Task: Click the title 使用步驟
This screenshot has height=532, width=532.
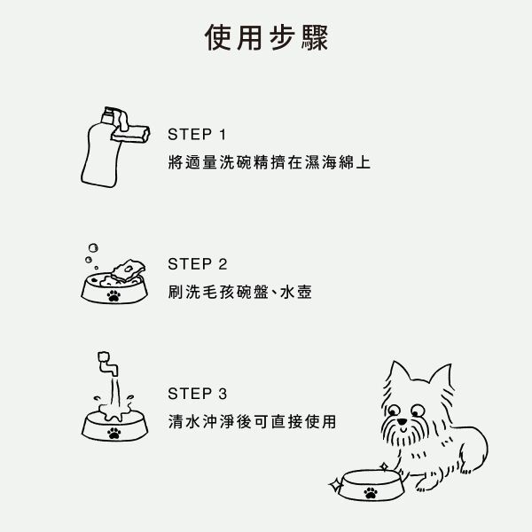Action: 266,37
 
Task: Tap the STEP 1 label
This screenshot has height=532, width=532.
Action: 197,135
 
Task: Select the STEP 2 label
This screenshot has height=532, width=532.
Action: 198,264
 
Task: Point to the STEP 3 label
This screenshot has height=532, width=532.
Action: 198,394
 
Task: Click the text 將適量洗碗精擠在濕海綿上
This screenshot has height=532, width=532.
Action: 269,162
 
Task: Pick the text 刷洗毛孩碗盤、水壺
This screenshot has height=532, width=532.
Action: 240,292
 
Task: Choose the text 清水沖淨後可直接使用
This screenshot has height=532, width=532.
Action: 252,422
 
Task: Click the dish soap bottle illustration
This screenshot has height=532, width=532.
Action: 101,149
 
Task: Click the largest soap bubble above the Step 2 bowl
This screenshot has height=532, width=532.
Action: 93,248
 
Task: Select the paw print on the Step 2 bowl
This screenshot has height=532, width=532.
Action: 113,295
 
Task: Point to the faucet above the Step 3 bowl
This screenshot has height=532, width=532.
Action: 107,364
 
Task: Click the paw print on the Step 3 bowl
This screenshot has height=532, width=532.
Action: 114,434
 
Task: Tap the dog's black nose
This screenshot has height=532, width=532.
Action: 402,422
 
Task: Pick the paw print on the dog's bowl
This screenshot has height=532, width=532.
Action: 371,493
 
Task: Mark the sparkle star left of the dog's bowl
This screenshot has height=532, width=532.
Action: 336,486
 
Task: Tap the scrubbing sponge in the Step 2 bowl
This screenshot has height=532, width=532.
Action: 129,270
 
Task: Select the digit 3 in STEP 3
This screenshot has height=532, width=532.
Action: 223,394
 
